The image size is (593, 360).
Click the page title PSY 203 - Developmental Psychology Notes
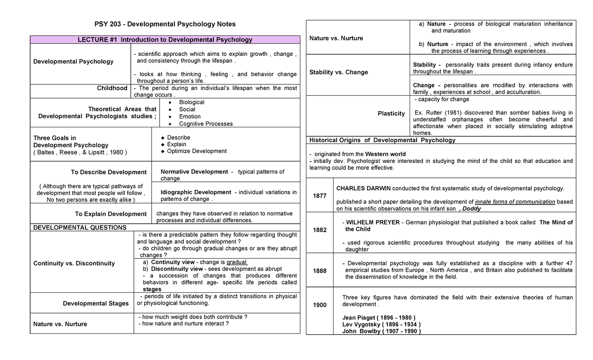pyautogui.click(x=165, y=24)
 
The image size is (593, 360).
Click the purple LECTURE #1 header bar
pyautogui.click(x=165, y=40)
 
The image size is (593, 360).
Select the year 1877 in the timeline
pyautogui.click(x=320, y=196)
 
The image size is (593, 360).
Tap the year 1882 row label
pyautogui.click(x=320, y=230)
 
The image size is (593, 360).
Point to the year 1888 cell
pyautogui.click(x=320, y=271)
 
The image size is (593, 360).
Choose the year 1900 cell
pyautogui.click(x=320, y=305)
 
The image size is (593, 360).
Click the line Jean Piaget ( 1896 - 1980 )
pyautogui.click(x=379, y=317)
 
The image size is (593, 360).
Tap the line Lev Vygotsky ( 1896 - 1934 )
pyautogui.click(x=381, y=324)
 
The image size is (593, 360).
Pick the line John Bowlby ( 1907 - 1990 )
pyautogui.click(x=381, y=331)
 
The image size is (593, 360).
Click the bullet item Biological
pyautogui.click(x=192, y=102)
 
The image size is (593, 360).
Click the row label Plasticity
pyautogui.click(x=391, y=114)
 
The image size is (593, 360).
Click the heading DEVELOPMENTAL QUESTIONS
pyautogui.click(x=79, y=228)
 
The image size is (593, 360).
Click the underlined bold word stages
pyautogui.click(x=152, y=289)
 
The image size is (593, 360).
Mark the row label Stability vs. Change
pyautogui.click(x=339, y=72)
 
